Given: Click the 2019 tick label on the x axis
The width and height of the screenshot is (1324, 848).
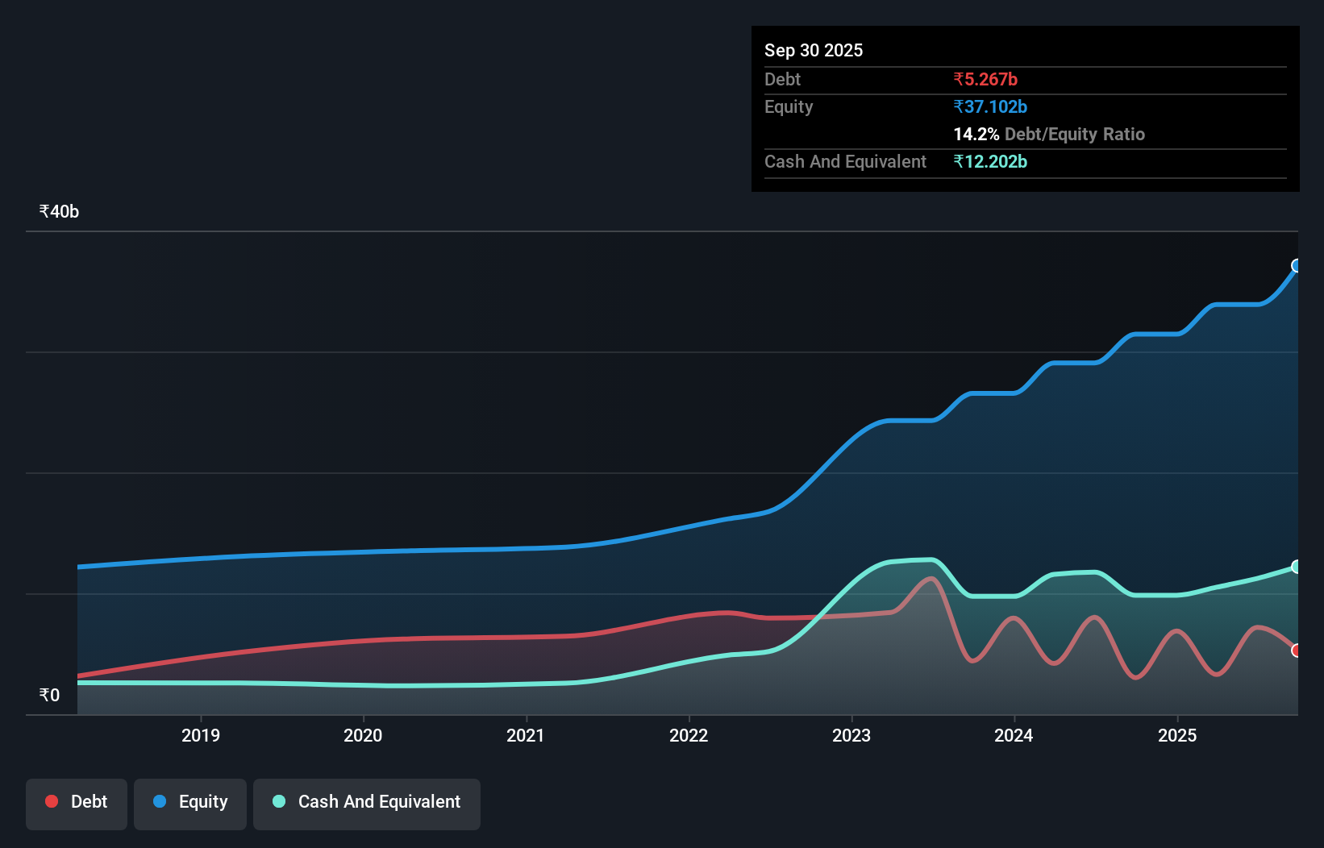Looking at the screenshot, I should (200, 735).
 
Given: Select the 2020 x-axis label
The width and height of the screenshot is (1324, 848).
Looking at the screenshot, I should (363, 735).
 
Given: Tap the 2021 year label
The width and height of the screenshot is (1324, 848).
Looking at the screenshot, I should (526, 735).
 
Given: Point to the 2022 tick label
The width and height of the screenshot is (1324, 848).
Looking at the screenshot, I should (689, 735).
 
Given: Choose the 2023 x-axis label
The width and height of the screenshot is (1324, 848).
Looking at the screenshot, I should (851, 735).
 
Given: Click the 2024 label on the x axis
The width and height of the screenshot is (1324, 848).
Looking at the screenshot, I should (1014, 735).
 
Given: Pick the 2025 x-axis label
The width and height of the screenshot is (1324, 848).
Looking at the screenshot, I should (1177, 735).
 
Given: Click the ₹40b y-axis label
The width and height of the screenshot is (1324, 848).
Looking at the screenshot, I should (59, 211).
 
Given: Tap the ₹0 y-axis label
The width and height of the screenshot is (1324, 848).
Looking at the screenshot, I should (49, 695).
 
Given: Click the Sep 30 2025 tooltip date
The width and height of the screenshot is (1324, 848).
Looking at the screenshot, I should (814, 50).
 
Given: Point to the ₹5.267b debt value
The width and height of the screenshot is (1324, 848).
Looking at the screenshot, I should (985, 79).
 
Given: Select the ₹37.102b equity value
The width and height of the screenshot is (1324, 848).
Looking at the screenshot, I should (990, 106).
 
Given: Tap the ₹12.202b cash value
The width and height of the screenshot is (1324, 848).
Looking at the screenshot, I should (990, 161).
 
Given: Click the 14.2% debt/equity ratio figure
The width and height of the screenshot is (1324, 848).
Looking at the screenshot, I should (976, 134).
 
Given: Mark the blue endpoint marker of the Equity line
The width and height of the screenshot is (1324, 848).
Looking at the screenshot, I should (1297, 266).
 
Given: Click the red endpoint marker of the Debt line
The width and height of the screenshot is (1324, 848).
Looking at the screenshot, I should (1297, 651).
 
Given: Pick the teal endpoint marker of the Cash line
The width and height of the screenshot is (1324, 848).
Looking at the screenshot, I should (1297, 567).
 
